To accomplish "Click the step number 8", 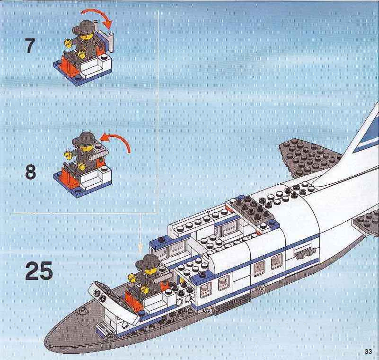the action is [x=31, y=171].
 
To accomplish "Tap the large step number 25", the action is [x=39, y=270].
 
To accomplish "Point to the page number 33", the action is [x=369, y=351].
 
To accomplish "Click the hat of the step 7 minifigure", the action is [x=82, y=27].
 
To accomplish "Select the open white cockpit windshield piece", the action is [x=113, y=300].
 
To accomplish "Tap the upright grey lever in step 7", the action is [x=111, y=43].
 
